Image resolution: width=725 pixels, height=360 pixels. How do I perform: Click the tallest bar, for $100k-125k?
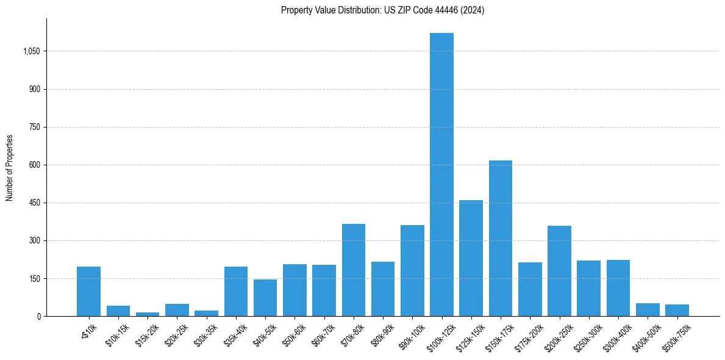pos(441,175)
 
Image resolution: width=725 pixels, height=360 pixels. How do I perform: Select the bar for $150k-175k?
pos(501,238)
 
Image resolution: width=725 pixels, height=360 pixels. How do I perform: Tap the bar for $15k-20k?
pos(148,314)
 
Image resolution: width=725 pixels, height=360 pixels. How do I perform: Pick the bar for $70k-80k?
pos(354,270)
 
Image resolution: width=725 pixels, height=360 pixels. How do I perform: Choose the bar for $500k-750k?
pos(677,310)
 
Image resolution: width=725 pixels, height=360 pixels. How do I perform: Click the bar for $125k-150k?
pos(471,258)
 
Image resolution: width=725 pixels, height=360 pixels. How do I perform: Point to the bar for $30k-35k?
pos(206,313)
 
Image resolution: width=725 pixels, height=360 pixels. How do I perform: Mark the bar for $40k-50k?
pos(265,298)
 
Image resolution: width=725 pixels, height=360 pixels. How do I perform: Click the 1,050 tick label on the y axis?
pos(31,51)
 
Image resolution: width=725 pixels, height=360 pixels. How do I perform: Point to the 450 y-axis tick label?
pos(35,203)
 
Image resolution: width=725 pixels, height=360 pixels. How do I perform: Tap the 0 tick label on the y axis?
pos(38,316)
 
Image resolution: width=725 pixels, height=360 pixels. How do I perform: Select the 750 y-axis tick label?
pos(35,127)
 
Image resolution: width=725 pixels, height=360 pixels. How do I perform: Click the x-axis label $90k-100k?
pos(411,336)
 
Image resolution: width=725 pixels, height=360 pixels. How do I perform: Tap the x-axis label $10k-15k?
pos(117,335)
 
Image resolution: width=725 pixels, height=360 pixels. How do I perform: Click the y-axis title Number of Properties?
pos(9,167)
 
